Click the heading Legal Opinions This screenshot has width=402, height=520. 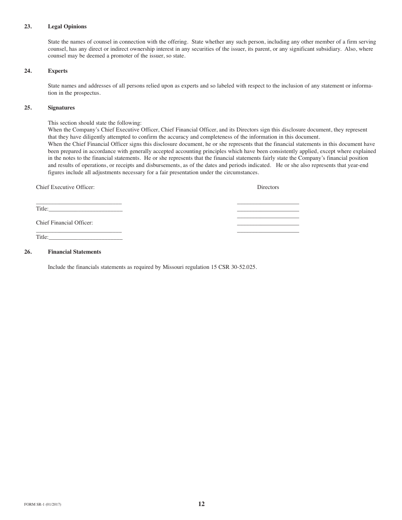pos(67,27)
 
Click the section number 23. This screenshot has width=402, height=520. pos(28,27)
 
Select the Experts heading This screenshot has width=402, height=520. pos(58,71)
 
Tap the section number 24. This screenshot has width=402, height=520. pos(28,71)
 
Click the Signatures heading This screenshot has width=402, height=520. pos(61,108)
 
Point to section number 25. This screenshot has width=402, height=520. pos(28,108)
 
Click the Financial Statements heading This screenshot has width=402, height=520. pos(74,252)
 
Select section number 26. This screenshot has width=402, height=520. pos(28,252)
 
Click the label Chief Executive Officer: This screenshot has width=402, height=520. pos(65,187)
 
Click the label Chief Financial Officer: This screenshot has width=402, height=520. pos(64,223)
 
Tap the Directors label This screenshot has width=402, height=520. pos(268,187)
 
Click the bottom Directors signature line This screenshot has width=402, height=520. pos(268,232)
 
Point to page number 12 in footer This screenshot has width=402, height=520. pos(201,504)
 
